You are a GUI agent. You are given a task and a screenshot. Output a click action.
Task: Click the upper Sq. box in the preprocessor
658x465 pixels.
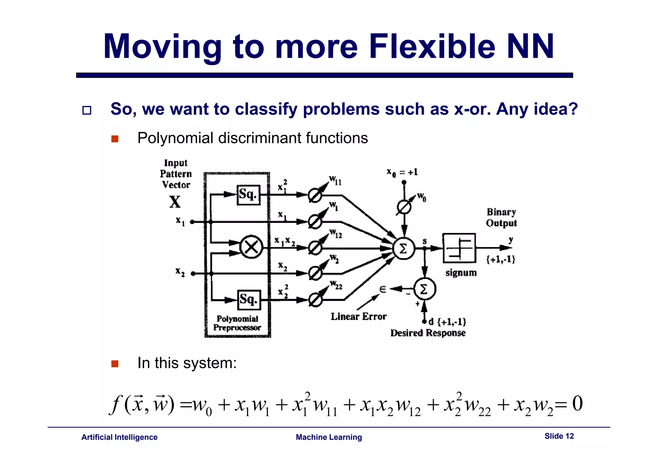[248, 195]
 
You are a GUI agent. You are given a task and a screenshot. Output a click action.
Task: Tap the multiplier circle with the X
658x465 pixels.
[251, 247]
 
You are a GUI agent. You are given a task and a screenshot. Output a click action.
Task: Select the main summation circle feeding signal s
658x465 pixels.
[404, 248]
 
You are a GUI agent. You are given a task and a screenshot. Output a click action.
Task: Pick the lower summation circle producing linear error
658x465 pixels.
[424, 289]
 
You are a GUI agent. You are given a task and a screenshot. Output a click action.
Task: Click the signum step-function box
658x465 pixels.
[459, 248]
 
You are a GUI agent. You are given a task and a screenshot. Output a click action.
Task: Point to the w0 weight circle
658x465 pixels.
[404, 207]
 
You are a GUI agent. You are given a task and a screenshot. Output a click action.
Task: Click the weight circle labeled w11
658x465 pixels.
[315, 195]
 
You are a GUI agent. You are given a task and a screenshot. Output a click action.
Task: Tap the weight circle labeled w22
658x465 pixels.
[315, 300]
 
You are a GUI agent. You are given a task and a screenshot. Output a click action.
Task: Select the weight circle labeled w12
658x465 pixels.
[315, 248]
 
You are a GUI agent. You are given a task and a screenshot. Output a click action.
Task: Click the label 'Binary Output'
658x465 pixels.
[501, 217]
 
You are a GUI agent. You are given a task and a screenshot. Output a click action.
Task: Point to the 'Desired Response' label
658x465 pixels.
[428, 333]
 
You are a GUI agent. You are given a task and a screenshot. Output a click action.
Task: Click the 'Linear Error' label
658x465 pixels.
[359, 317]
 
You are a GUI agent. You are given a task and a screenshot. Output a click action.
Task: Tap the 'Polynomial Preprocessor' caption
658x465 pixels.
[237, 323]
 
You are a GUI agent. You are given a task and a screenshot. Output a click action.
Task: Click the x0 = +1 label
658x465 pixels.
[402, 172]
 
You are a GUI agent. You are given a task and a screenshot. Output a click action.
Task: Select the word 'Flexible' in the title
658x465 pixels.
[432, 47]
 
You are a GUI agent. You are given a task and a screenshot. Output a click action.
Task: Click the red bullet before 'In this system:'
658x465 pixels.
[115, 364]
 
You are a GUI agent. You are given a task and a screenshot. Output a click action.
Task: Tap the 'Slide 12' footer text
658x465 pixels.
[559, 436]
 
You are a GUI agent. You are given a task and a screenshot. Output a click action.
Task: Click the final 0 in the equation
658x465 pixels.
[577, 404]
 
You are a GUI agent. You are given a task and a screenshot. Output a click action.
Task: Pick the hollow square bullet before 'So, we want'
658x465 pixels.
[87, 110]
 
